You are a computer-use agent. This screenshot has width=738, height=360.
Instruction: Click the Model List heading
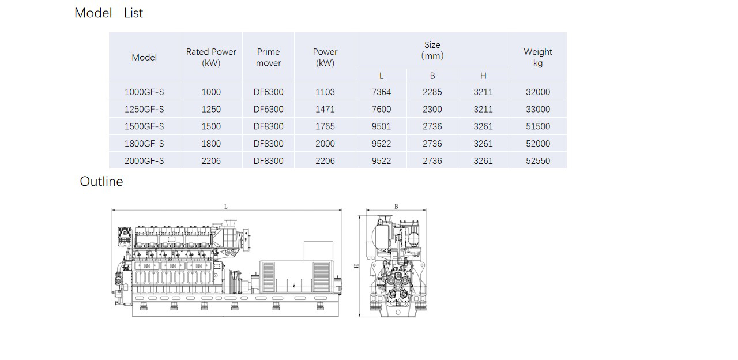(109, 13)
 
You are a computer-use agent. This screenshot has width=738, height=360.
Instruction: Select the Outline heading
(101, 181)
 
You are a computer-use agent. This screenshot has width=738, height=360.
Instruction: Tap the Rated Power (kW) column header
(211, 57)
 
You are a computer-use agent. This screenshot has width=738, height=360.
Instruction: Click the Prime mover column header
(268, 57)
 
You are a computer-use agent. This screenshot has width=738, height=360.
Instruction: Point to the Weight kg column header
(538, 57)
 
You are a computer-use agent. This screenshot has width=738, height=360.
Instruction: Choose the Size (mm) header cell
(432, 50)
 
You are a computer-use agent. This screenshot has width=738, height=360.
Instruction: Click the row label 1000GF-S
(144, 92)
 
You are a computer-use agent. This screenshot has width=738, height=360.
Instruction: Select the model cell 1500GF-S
(144, 126)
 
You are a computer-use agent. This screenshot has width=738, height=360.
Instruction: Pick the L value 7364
(381, 92)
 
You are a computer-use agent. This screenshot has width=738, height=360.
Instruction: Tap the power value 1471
(325, 109)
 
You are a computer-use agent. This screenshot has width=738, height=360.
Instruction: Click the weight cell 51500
(538, 126)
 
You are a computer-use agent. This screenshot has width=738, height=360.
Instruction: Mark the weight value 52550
(538, 160)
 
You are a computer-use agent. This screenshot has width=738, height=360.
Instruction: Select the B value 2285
(432, 92)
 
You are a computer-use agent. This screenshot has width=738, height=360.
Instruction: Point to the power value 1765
(325, 126)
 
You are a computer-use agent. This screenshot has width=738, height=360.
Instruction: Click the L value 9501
(381, 126)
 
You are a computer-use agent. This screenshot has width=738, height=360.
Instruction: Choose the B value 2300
(432, 109)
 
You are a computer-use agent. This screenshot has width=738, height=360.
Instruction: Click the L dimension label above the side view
(225, 207)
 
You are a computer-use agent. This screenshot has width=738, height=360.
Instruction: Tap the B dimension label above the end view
(396, 207)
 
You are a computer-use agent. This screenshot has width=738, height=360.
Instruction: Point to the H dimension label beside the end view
(356, 266)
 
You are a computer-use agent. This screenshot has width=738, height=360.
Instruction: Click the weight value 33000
(538, 109)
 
